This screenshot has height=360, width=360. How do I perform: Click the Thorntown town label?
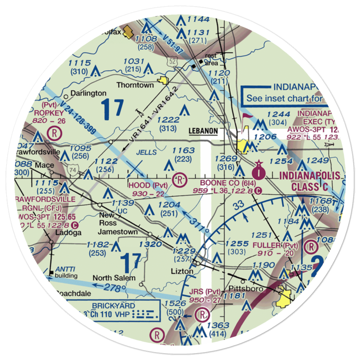(135, 85)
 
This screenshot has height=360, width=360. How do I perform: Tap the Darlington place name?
(83, 94)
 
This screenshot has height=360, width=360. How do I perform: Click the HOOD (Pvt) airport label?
(148, 185)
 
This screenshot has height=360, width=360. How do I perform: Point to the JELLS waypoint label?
(147, 152)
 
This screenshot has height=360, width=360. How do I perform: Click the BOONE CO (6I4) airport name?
(224, 183)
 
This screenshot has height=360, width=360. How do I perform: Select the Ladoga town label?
(68, 233)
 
